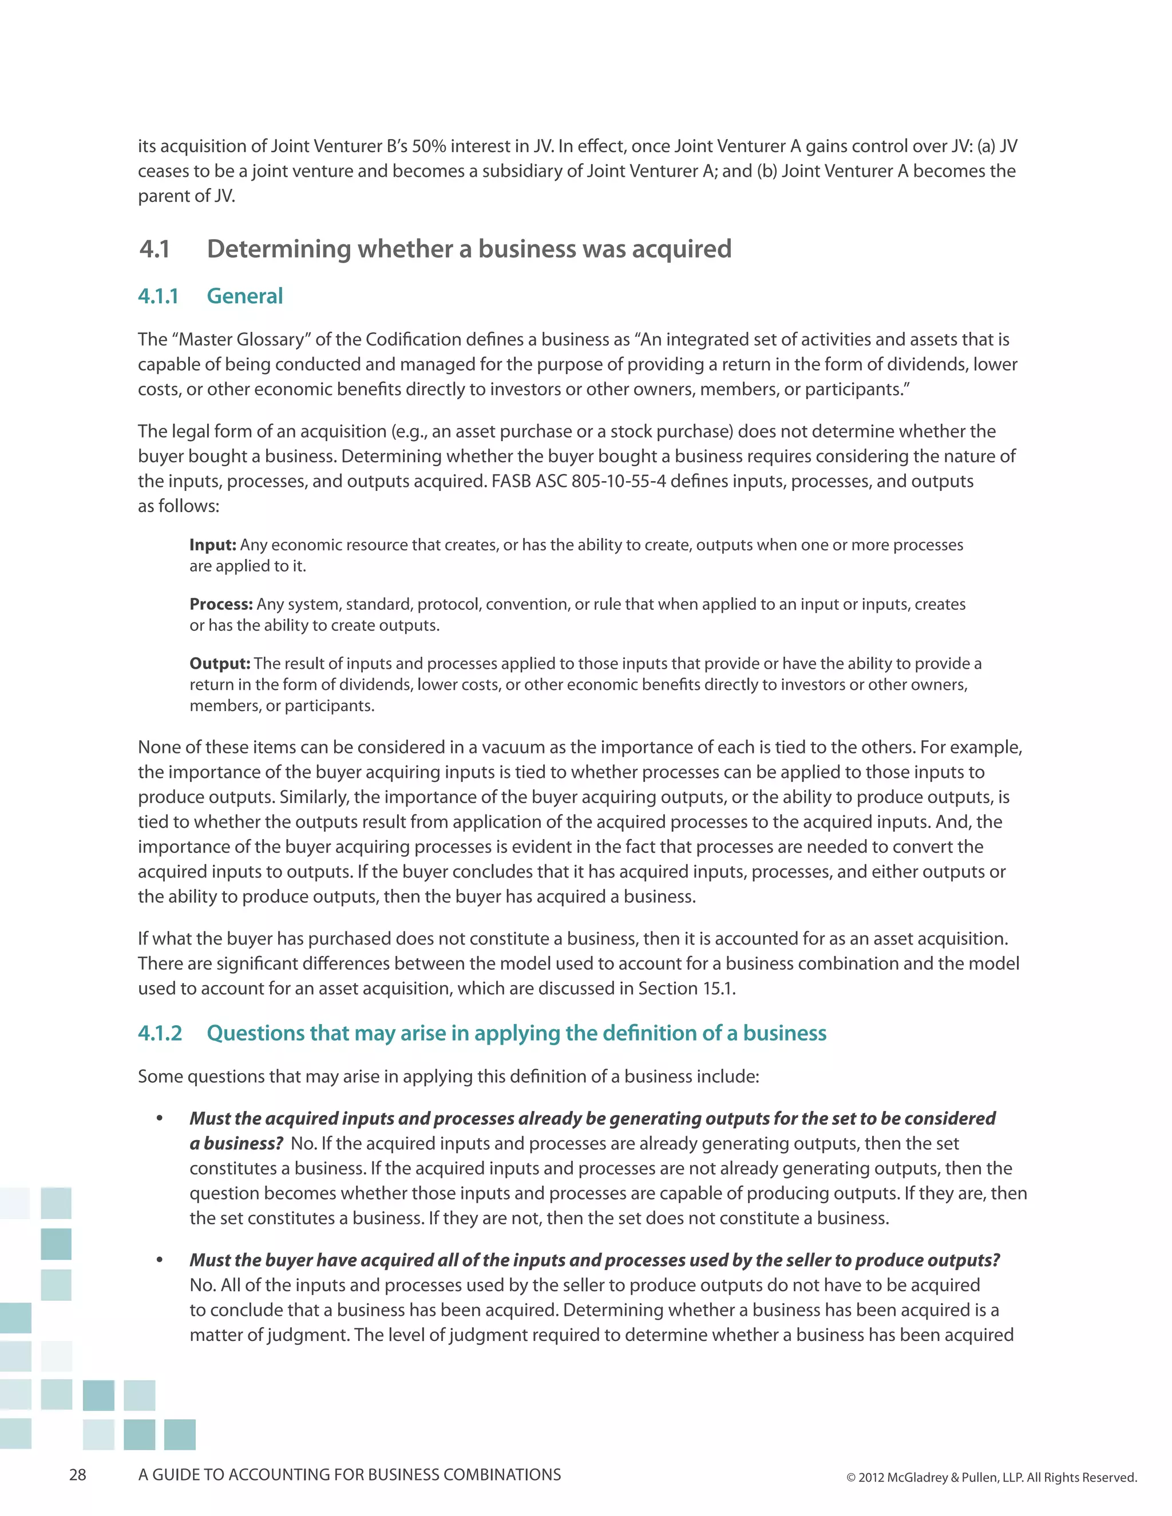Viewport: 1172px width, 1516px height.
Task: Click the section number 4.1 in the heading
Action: [x=154, y=249]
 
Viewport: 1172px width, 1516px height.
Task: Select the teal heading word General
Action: [x=244, y=296]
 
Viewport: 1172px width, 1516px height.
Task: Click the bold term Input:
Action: [x=212, y=545]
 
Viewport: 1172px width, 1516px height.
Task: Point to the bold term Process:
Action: [x=221, y=604]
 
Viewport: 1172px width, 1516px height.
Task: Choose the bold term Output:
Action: [x=219, y=664]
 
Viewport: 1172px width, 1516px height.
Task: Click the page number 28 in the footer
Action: [x=78, y=1474]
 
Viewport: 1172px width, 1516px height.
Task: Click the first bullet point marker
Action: [x=159, y=1118]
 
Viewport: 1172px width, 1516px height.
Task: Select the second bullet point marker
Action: [x=159, y=1260]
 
